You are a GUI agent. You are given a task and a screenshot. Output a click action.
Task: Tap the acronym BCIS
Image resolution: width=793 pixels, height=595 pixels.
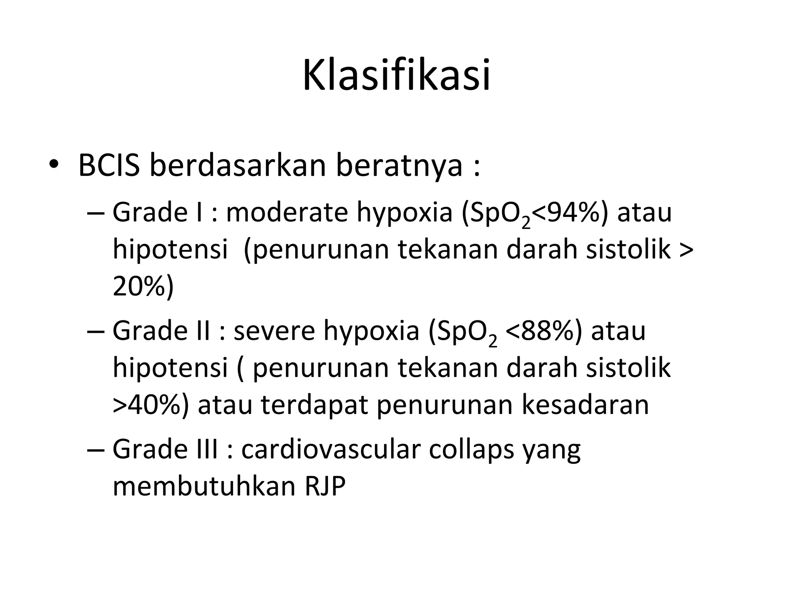pos(109,165)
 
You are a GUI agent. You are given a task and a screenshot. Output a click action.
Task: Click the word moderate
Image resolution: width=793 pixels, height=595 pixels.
pos(287,213)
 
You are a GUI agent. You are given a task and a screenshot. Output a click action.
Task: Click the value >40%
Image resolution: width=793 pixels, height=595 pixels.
pos(151,405)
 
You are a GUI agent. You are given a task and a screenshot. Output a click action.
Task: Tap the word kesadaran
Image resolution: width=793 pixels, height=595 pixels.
pos(585,405)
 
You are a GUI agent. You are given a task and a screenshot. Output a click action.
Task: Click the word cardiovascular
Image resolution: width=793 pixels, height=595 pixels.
pos(331,449)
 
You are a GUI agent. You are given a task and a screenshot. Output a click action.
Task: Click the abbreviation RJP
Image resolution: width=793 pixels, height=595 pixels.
pos(324,487)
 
